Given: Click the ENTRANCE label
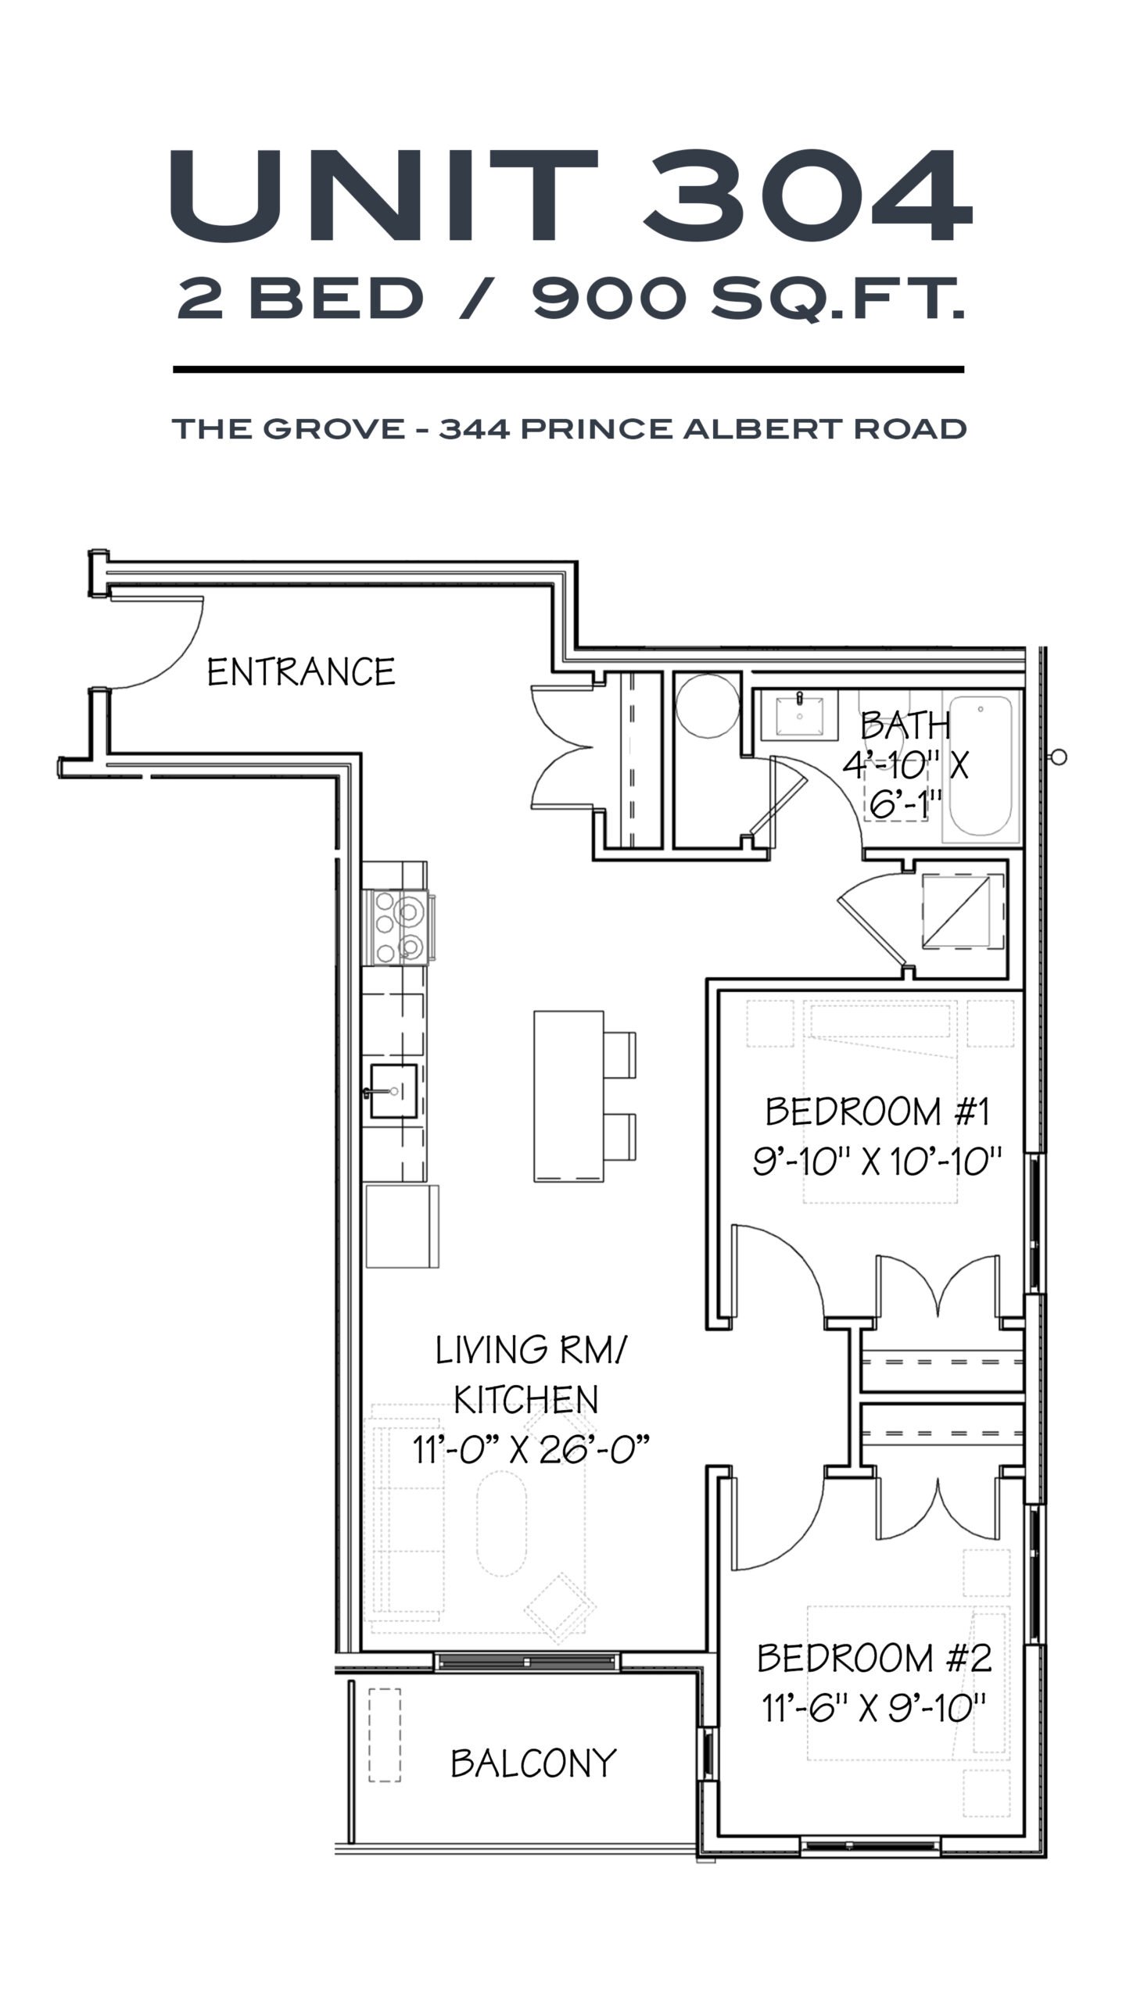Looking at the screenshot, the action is tap(301, 672).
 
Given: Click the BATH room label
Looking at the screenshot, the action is tap(905, 726).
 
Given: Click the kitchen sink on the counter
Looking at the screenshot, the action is tap(393, 1090).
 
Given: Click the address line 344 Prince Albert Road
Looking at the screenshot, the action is tap(703, 428).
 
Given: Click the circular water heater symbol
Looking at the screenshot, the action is tap(707, 705).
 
